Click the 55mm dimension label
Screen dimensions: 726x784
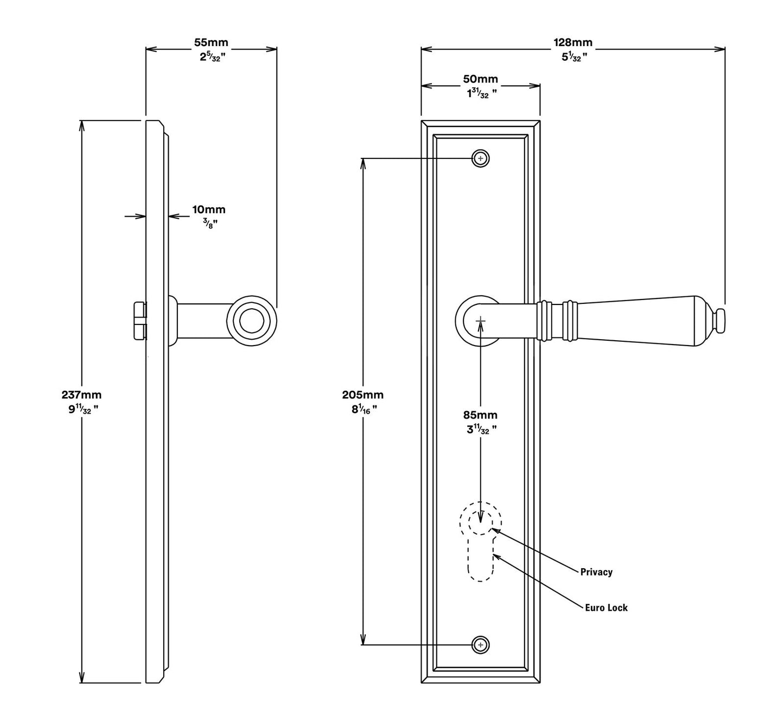pos(211,42)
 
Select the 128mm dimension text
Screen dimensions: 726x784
pos(572,42)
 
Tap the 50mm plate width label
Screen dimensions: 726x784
pos(480,79)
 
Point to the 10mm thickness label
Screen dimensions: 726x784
pos(208,209)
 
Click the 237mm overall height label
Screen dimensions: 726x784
pos(81,395)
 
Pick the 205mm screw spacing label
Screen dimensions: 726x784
pos(362,395)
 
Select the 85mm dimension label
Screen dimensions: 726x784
pos(480,415)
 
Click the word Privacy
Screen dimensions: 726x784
pos(596,572)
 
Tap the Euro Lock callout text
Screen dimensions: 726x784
pos(606,608)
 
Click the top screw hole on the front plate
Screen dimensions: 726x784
pos(480,158)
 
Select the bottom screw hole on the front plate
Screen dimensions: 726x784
pos(480,645)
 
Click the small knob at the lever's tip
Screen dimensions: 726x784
pos(719,321)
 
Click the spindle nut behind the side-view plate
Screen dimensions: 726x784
pos(140,321)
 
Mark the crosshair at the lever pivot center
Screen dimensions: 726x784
pos(480,321)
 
